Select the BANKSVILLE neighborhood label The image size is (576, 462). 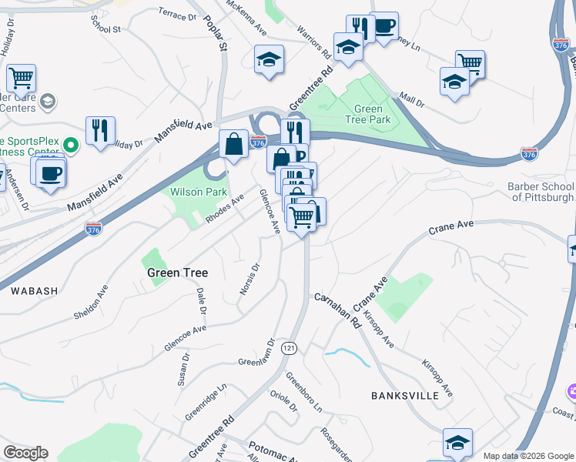404,395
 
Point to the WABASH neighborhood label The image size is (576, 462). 34,291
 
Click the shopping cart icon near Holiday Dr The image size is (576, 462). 22,78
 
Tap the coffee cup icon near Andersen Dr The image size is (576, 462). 51,172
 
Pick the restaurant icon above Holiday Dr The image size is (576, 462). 100,131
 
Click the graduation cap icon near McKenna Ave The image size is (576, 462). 270,59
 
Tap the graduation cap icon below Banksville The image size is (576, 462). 457,443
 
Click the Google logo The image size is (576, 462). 26,453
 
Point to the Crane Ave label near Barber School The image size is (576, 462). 450,226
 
